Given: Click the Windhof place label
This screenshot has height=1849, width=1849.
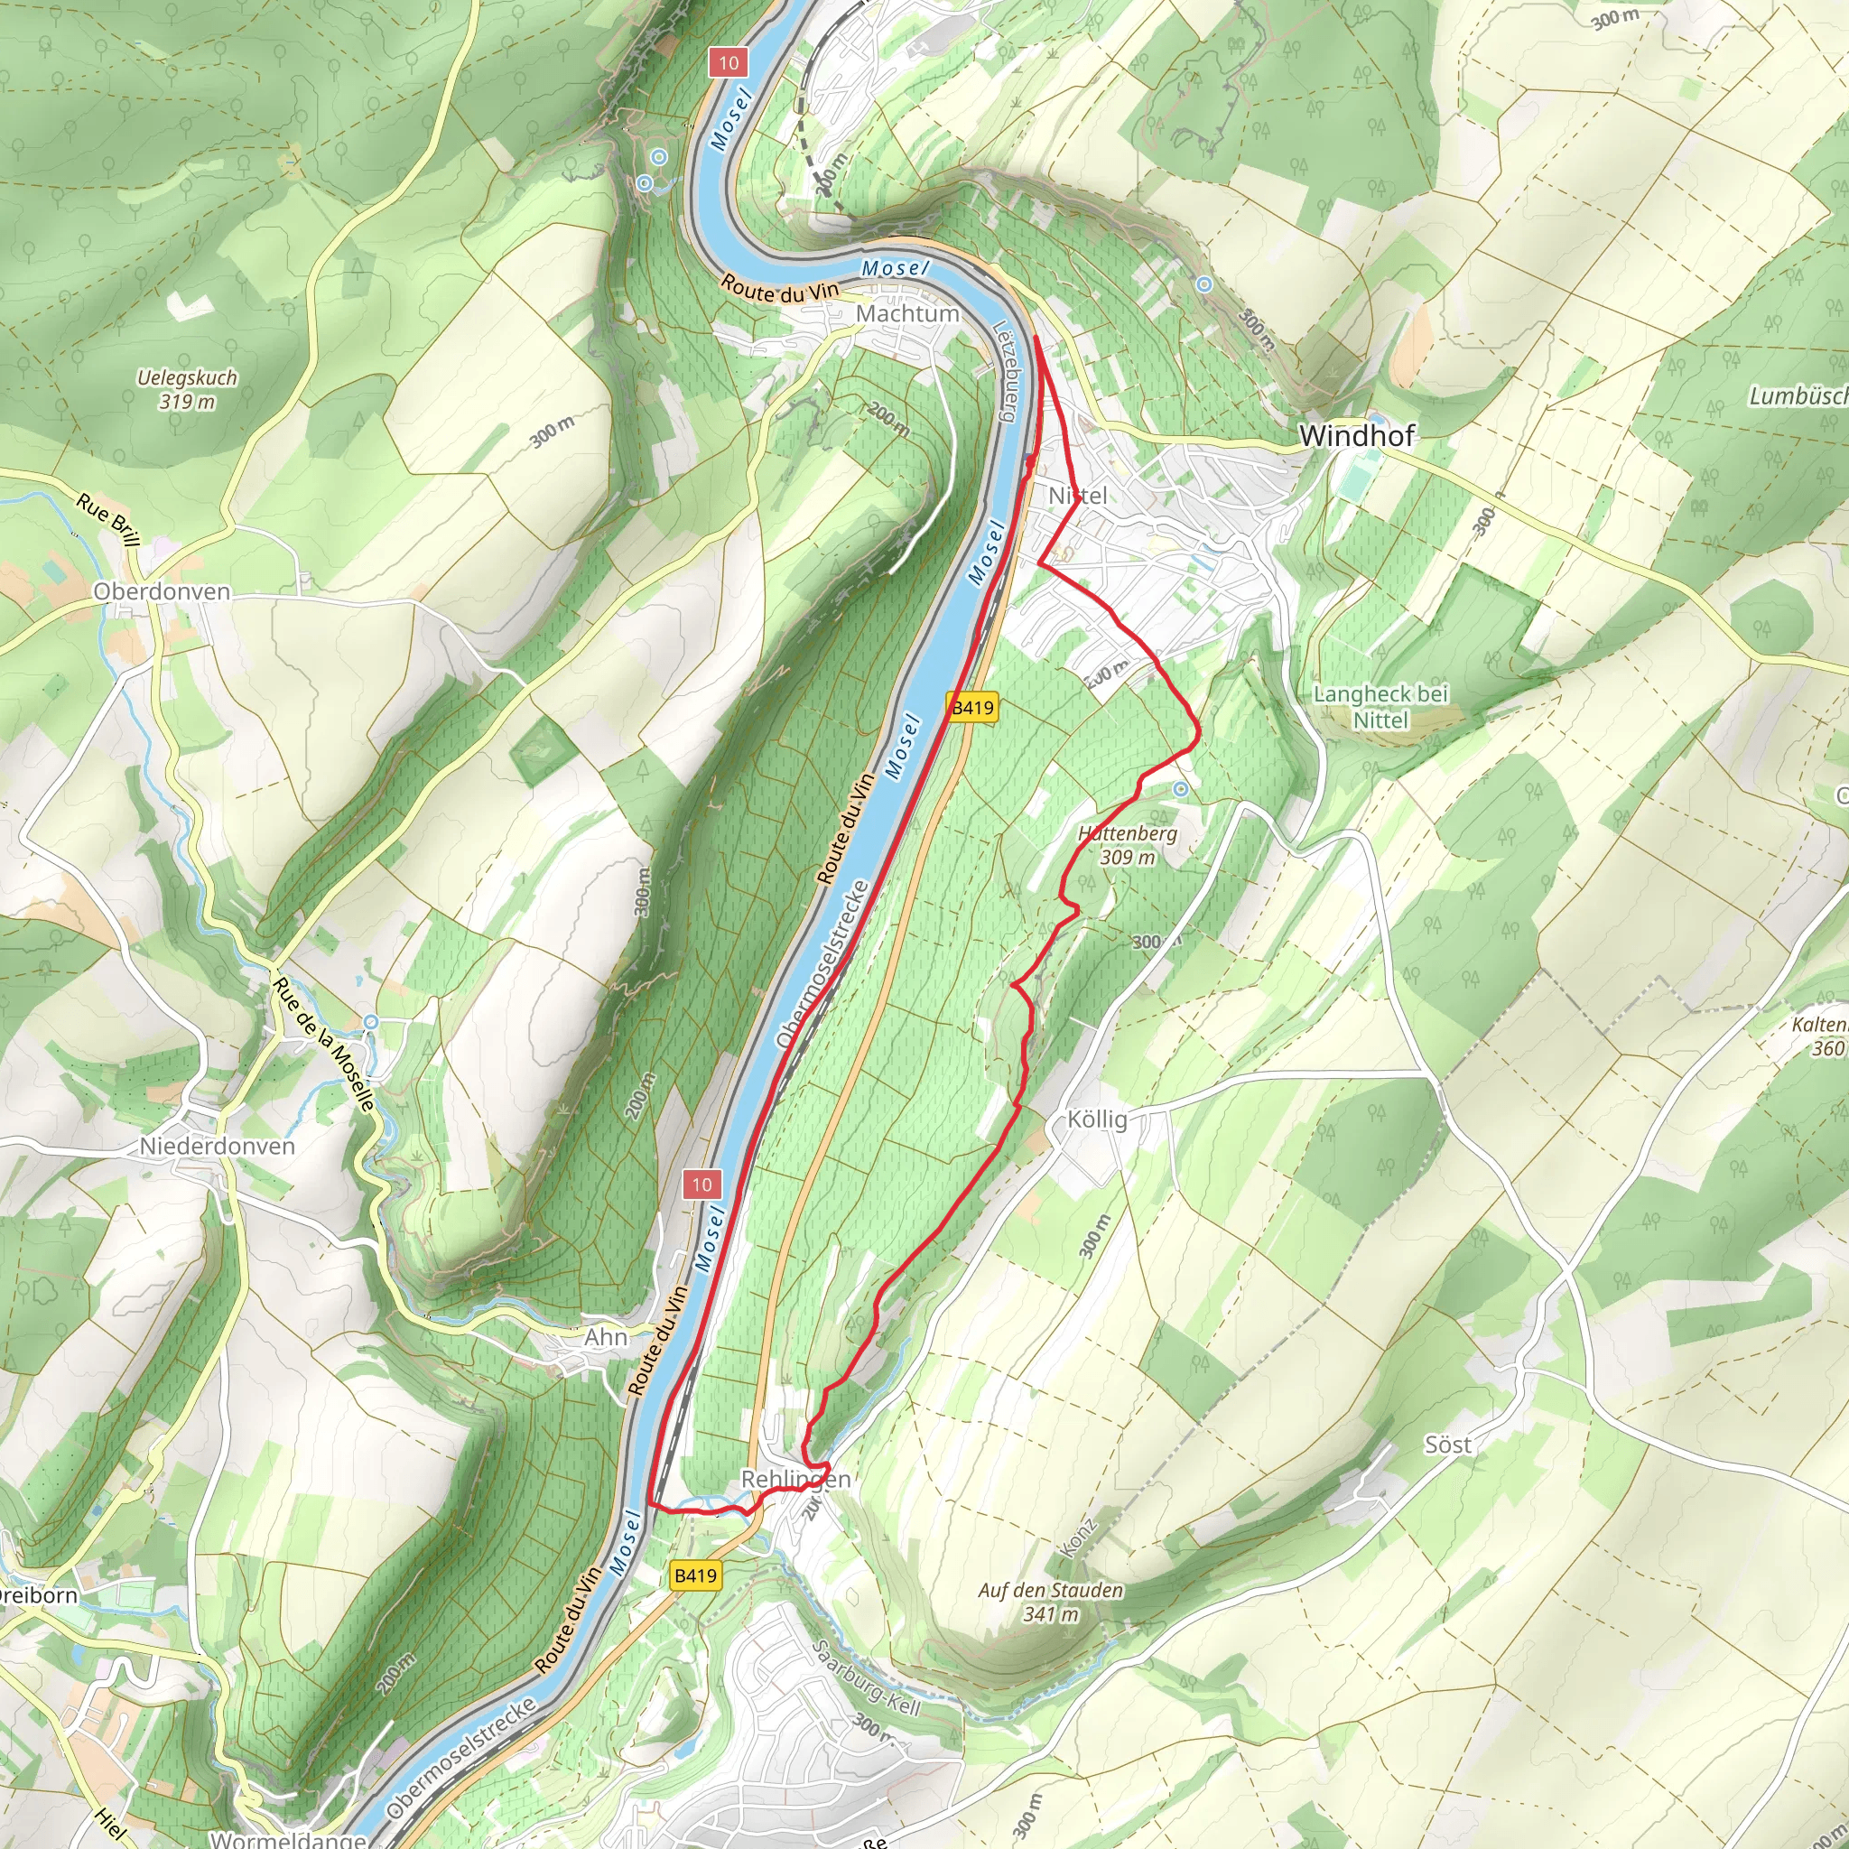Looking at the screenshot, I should tap(1356, 435).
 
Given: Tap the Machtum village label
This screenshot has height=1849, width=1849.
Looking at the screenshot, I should tap(907, 314).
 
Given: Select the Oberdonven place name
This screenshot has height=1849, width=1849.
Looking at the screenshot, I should tap(162, 591).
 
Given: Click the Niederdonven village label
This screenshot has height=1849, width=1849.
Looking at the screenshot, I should tap(218, 1146).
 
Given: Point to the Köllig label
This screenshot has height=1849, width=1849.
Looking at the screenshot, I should tap(1097, 1120).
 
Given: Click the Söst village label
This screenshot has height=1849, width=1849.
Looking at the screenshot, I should tap(1447, 1445).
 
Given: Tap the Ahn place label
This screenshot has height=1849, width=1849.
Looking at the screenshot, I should tap(606, 1337).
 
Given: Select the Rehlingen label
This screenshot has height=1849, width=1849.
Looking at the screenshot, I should tap(796, 1480).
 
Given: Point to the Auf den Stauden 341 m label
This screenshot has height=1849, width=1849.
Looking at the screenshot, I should tap(1050, 1603).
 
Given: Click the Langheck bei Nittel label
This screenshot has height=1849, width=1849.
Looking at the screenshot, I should tap(1380, 706).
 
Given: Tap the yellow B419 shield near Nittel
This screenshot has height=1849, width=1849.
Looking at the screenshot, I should tap(972, 707).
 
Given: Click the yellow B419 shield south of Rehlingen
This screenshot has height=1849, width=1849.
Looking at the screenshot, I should tap(695, 1575).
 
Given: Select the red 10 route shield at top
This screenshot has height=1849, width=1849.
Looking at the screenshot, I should tap(729, 63).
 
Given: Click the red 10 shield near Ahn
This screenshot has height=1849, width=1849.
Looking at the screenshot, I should tap(702, 1184).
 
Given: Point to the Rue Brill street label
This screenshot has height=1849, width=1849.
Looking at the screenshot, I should tap(108, 520).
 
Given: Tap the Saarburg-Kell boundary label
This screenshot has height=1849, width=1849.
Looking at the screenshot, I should tap(866, 1678).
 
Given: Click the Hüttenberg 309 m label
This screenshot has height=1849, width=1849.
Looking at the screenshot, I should tap(1128, 845).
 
